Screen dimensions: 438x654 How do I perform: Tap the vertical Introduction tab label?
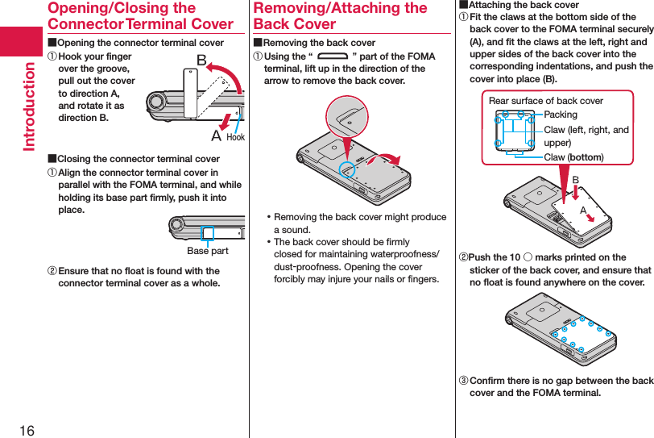click(x=29, y=106)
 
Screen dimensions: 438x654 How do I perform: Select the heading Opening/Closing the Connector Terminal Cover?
click(x=140, y=16)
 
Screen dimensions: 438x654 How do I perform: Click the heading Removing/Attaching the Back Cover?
click(x=340, y=16)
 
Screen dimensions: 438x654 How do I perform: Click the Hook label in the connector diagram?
click(x=235, y=137)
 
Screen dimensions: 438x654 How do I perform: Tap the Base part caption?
click(x=208, y=251)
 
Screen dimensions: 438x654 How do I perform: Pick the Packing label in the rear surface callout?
click(x=561, y=115)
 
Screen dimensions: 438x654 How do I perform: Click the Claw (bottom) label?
click(x=573, y=156)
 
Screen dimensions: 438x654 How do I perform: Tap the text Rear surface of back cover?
click(x=546, y=101)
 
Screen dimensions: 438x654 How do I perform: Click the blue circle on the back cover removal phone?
click(x=346, y=168)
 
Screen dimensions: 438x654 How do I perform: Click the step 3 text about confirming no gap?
click(x=561, y=386)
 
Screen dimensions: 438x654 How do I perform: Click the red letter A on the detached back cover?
click(x=582, y=208)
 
